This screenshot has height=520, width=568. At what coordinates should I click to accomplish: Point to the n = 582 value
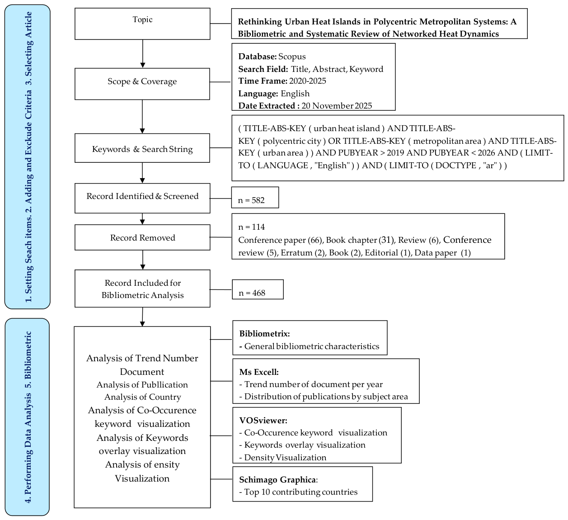pyautogui.click(x=251, y=200)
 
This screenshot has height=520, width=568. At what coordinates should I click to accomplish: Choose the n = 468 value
pyautogui.click(x=252, y=293)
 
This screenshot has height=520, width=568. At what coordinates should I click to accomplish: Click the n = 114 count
pyautogui.click(x=251, y=227)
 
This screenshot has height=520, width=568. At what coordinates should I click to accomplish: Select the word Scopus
pyautogui.click(x=292, y=57)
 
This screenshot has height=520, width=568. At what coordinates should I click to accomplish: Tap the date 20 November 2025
pyautogui.click(x=337, y=106)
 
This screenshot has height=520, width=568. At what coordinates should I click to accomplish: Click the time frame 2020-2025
pyautogui.click(x=308, y=81)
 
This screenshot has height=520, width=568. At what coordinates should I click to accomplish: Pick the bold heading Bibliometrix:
pyautogui.click(x=264, y=334)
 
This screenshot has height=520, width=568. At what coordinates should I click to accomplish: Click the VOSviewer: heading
pyautogui.click(x=263, y=420)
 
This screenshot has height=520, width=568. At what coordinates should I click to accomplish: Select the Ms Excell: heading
pyautogui.click(x=259, y=372)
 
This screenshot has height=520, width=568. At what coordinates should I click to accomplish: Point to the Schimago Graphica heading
pyautogui.click(x=277, y=480)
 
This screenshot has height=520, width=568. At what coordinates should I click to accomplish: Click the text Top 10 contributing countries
pyautogui.click(x=300, y=492)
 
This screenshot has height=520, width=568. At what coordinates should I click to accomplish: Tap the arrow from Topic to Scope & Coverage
pyautogui.click(x=143, y=53)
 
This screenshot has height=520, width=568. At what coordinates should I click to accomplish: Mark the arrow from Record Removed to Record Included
pyautogui.click(x=143, y=260)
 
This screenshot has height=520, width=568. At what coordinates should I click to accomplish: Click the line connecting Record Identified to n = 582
pyautogui.click(x=221, y=199)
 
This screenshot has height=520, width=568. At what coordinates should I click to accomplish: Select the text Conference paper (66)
pyautogui.click(x=280, y=240)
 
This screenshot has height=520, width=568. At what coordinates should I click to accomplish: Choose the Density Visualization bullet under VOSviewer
pyautogui.click(x=285, y=458)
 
